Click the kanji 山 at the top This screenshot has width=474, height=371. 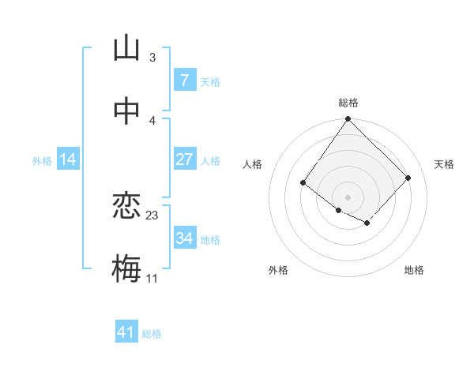[x=126, y=49]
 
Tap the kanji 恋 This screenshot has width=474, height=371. [x=126, y=207]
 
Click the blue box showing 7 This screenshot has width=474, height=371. [x=184, y=81]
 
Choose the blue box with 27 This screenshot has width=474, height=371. [x=184, y=159]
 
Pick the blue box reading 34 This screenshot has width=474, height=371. [x=184, y=238]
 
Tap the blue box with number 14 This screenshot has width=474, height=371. [x=68, y=160]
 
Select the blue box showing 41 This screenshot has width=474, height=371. [x=126, y=332]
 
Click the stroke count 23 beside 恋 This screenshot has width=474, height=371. [x=152, y=215]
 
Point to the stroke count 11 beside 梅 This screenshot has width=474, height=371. [x=152, y=278]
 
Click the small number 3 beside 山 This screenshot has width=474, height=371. [x=152, y=58]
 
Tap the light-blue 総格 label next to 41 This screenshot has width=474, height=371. [x=152, y=334]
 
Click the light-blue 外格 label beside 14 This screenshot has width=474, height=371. [x=42, y=161]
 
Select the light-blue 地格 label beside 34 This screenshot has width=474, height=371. [x=210, y=240]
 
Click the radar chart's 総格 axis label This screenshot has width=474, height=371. [x=348, y=103]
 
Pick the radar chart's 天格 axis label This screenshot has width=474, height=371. [x=444, y=164]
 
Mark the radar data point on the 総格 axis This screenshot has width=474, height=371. [x=348, y=120]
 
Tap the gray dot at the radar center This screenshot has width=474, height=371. [x=348, y=197]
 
